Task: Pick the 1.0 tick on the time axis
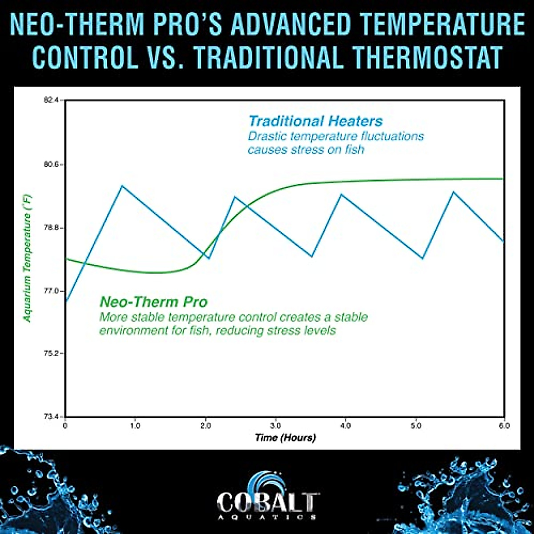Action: coord(135,425)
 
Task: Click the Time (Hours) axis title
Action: coord(285,437)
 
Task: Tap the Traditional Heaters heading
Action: coord(316,121)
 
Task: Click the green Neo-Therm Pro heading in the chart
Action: coord(154,302)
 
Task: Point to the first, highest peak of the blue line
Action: coord(122,186)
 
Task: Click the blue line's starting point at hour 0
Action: coord(66,301)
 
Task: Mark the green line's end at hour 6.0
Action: coord(503,178)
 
